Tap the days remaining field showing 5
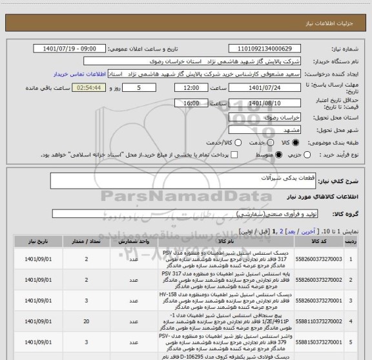pos(135,87)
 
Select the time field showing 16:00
pos(191,103)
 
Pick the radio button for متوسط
pos(279,154)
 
